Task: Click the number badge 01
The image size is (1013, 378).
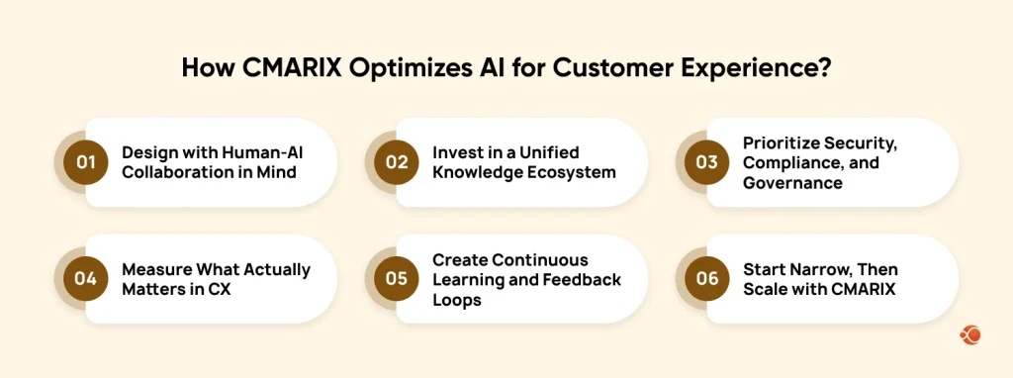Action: click(x=85, y=163)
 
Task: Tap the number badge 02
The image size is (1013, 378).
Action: click(x=396, y=163)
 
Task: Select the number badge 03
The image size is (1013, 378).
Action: click(x=706, y=163)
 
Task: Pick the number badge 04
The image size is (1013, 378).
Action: click(x=85, y=279)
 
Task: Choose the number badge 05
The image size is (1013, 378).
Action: click(x=396, y=279)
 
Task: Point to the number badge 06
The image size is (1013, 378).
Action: click(x=706, y=279)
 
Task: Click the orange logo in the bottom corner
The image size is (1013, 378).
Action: click(x=969, y=336)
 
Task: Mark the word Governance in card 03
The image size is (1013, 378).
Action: click(x=792, y=182)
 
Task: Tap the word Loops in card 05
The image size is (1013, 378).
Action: click(x=456, y=298)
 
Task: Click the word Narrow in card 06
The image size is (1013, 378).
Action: click(x=820, y=269)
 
